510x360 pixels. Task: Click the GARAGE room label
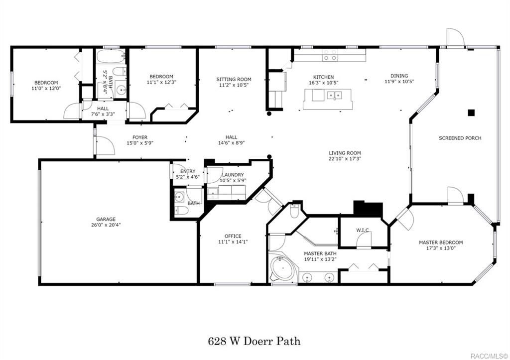coord(106,219)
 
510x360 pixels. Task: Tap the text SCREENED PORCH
coord(460,138)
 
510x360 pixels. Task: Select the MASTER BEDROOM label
coord(440,242)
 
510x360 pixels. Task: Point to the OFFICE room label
coord(233,236)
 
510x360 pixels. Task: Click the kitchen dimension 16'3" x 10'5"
coord(324,83)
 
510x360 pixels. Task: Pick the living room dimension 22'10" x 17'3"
coord(345,159)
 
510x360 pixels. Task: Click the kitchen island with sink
coord(327,99)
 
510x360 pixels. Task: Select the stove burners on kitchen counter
coord(329,55)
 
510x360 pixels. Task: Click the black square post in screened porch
coord(471,113)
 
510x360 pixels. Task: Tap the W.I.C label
coord(362,230)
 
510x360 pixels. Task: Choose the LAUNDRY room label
coord(233,175)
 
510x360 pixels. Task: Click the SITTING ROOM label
coord(234,79)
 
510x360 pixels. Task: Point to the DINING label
coord(399,76)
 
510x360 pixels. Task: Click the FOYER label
coord(139,137)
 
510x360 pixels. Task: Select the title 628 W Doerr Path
coord(254,342)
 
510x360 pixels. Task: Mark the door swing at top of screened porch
coord(455,37)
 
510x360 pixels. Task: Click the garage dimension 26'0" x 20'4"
coord(106,225)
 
